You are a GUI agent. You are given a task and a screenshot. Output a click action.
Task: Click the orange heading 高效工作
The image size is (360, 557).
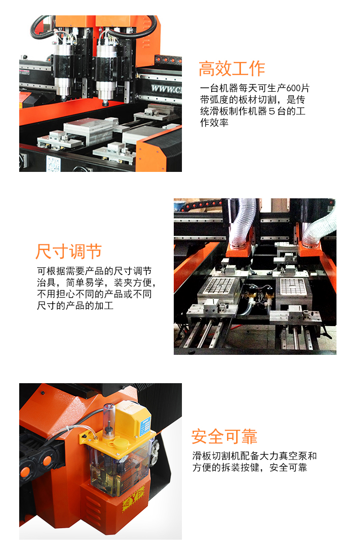(232, 69)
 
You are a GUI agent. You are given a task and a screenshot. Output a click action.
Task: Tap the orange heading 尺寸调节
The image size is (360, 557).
(69, 252)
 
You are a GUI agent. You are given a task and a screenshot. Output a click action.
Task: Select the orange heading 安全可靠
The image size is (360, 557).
(224, 436)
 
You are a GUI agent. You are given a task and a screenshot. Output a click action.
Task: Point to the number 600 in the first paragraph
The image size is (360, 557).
(294, 88)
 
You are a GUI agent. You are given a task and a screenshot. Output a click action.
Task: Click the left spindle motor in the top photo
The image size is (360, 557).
(64, 69)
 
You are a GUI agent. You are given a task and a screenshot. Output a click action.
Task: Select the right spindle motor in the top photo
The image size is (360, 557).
(106, 69)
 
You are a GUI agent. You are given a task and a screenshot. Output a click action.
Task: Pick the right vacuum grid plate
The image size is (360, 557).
(292, 286)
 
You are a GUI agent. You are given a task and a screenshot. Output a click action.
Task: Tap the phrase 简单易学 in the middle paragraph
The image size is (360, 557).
(85, 283)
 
